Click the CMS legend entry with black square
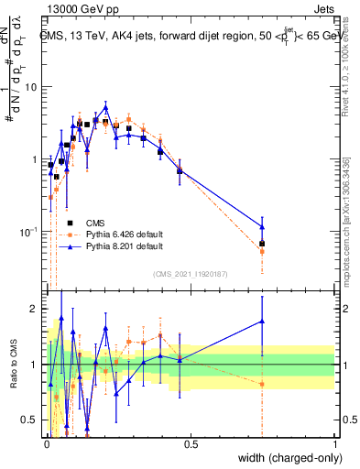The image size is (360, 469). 95,223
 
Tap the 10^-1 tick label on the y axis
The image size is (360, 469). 30,233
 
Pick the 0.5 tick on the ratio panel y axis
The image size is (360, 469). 32,420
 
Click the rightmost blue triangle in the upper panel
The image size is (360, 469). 262,227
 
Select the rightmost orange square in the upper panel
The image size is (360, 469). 262,251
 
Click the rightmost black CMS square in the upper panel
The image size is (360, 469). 262,244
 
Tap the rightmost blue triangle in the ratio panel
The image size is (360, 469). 262,322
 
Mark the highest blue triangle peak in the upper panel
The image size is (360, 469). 105,107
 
